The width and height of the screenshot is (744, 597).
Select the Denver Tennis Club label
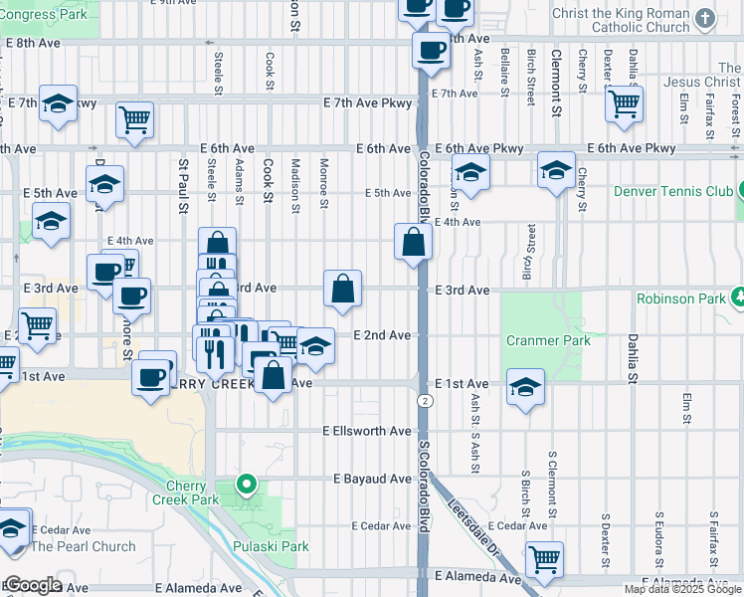pos(671,190)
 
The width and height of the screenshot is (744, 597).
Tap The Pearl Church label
pos(84,546)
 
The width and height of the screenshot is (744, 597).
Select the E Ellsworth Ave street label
pos(366,431)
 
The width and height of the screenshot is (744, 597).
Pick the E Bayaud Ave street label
pos(372,479)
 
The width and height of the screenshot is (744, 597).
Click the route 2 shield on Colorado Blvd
pos(425,400)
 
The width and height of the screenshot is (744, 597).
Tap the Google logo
pos(32,585)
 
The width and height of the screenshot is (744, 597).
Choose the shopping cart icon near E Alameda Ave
pos(544,559)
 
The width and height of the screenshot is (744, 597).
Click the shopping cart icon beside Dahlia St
pos(624,102)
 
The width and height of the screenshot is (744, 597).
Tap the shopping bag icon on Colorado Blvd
pos(413,241)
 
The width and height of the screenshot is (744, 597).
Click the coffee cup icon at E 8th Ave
pos(432,49)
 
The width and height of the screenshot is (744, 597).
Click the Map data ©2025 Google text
pos(682,589)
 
